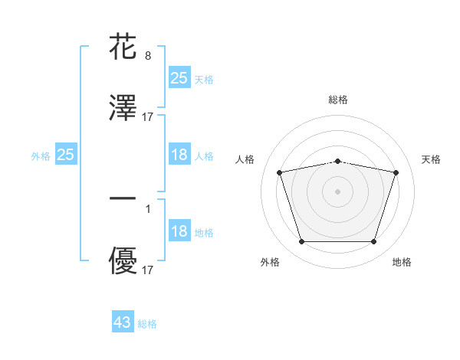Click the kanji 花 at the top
[123, 47]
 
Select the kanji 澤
[123, 109]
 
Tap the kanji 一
[123, 199]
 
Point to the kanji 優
[123, 262]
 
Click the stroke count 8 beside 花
[147, 55]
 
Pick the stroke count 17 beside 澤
[147, 117]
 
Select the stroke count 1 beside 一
[147, 208]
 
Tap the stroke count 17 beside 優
[147, 270]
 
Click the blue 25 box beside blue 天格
[179, 78]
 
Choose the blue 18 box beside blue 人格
[179, 155]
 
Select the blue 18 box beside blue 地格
[179, 232]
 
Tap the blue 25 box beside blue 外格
[66, 155]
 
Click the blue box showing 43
[123, 322]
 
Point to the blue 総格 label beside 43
[147, 324]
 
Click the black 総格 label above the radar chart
[338, 100]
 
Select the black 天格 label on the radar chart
[431, 159]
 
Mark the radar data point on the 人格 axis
[280, 172]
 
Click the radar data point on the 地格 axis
[373, 242]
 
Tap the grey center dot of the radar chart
[338, 191]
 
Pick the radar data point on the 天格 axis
[396, 172]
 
